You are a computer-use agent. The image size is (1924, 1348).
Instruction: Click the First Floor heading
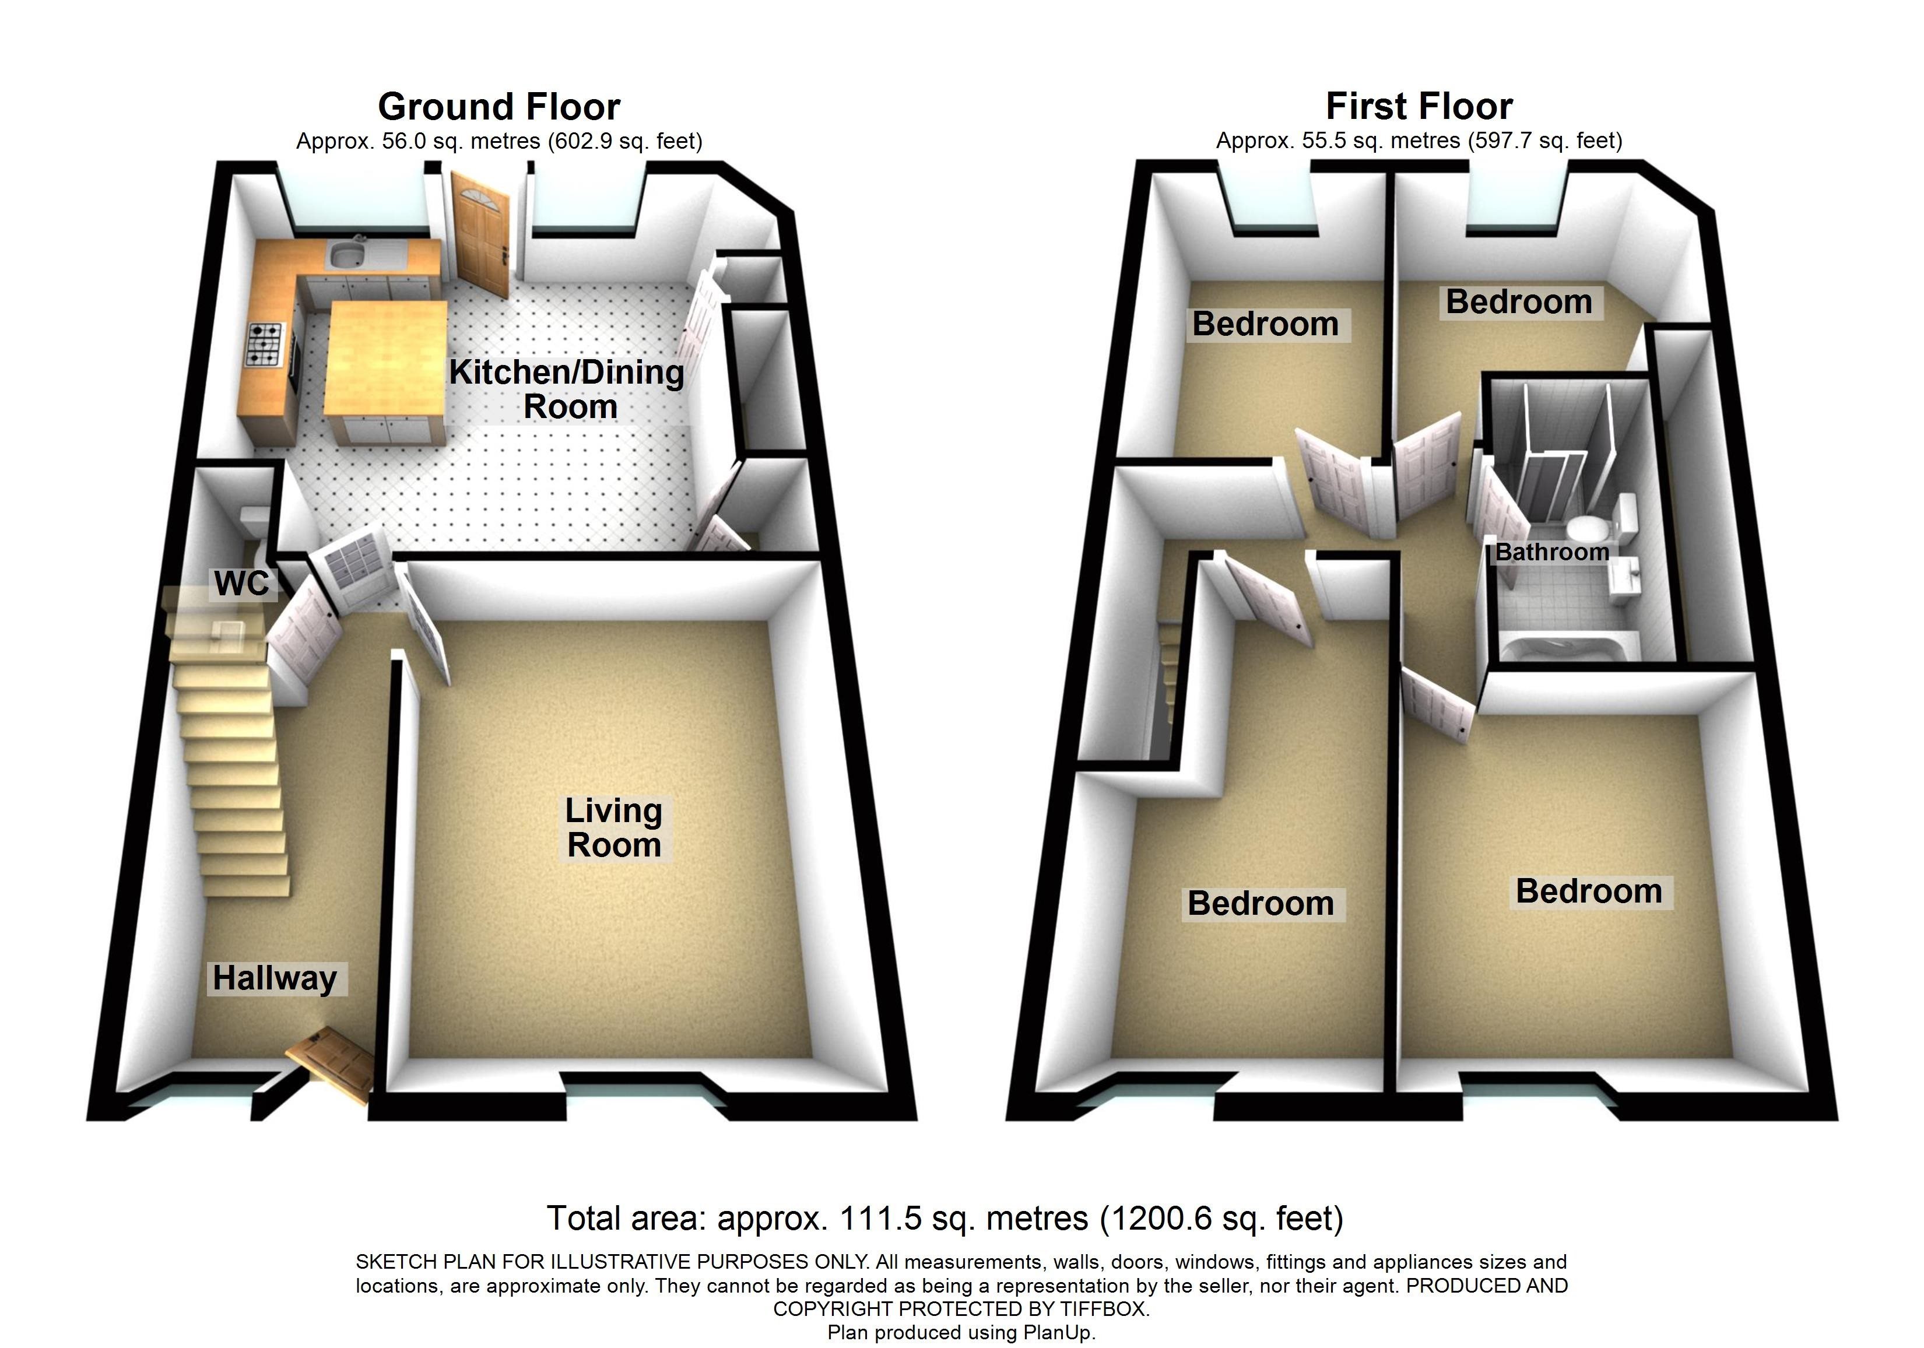point(1420,106)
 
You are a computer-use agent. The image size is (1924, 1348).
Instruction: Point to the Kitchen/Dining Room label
point(567,389)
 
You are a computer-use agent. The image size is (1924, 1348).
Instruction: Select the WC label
point(241,583)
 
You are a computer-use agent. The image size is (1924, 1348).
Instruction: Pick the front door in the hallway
point(329,1065)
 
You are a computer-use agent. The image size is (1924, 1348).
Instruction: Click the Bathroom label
point(1552,552)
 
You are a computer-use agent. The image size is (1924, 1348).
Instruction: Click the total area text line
point(945,1218)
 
